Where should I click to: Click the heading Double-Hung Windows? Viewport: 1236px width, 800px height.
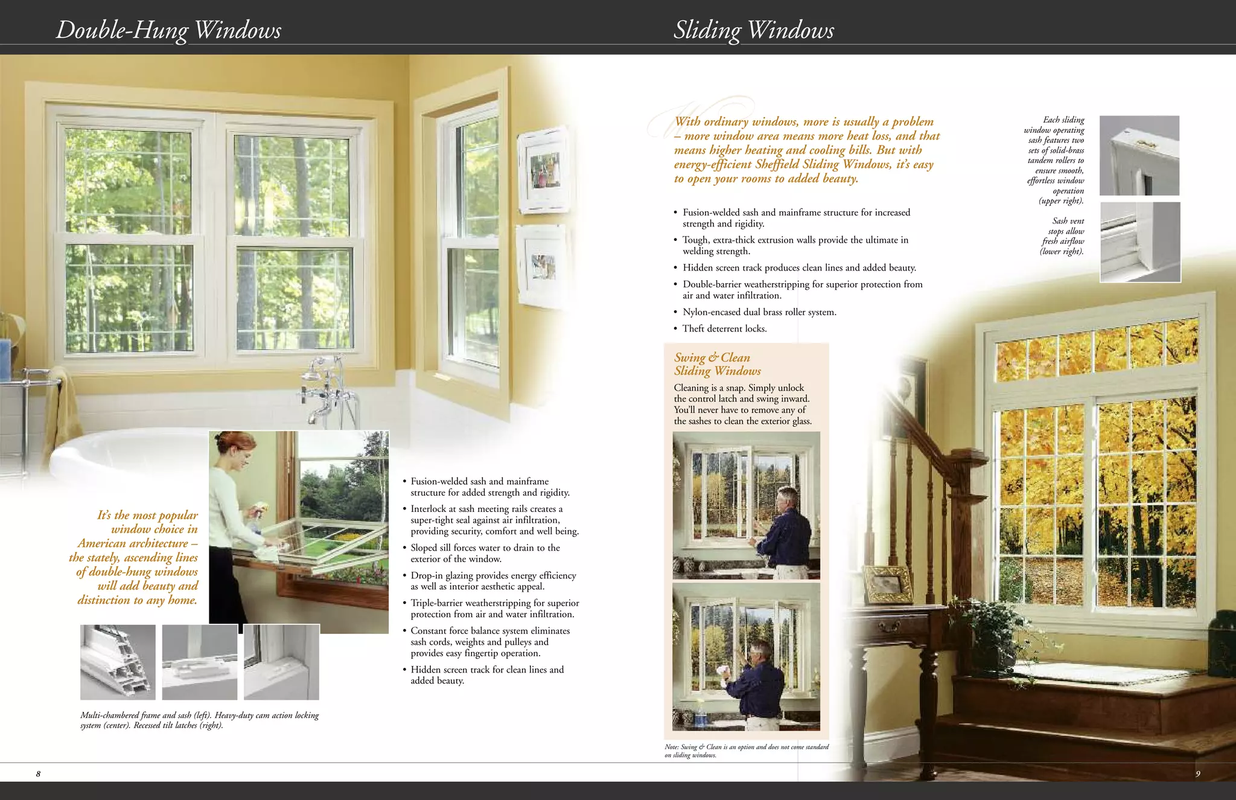(168, 30)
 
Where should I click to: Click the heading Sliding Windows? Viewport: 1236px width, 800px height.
(754, 30)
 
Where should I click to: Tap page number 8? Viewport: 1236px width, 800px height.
(38, 774)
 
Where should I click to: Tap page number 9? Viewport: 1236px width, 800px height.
(1197, 774)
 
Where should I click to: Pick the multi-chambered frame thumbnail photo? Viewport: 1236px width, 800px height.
(118, 662)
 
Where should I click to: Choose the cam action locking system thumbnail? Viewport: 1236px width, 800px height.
(200, 662)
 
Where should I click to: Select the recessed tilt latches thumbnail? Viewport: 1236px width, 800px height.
(281, 662)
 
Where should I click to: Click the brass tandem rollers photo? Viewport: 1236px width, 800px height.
(1139, 155)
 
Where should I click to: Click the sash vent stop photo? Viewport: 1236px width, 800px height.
(1140, 242)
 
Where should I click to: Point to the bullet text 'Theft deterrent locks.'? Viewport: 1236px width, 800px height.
(724, 328)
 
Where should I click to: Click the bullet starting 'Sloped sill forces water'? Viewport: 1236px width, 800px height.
(485, 553)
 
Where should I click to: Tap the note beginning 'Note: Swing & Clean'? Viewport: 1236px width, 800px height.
(746, 750)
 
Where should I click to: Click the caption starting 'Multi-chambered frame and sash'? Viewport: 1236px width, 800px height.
(199, 720)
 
